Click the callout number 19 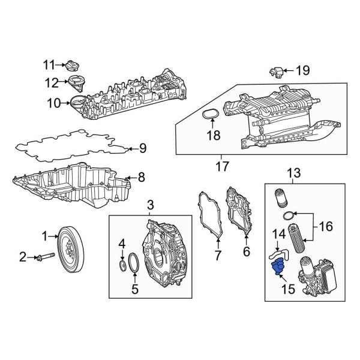coord(302,71)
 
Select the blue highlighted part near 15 coord(278,267)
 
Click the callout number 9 coord(143,148)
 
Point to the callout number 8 coord(141,177)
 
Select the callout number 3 coord(151,207)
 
